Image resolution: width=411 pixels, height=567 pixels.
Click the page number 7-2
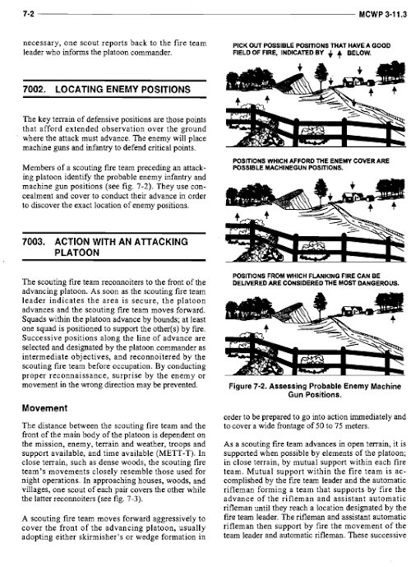pyautogui.click(x=28, y=15)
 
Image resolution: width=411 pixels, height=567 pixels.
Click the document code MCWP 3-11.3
pyautogui.click(x=383, y=15)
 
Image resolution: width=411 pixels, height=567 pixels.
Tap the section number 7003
pyautogui.click(x=34, y=242)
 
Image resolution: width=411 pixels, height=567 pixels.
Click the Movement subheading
pyautogui.click(x=44, y=408)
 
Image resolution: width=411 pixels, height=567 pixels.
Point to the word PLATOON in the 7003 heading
pyautogui.click(x=76, y=253)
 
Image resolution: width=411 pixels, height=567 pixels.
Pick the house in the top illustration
pyautogui.click(x=353, y=81)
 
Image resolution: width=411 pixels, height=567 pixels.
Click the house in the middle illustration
pyautogui.click(x=353, y=197)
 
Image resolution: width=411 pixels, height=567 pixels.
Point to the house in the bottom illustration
pyautogui.click(x=352, y=310)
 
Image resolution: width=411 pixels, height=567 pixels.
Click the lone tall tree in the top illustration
pyautogui.click(x=321, y=75)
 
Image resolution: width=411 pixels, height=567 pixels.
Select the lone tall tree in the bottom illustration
pyautogui.click(x=320, y=303)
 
